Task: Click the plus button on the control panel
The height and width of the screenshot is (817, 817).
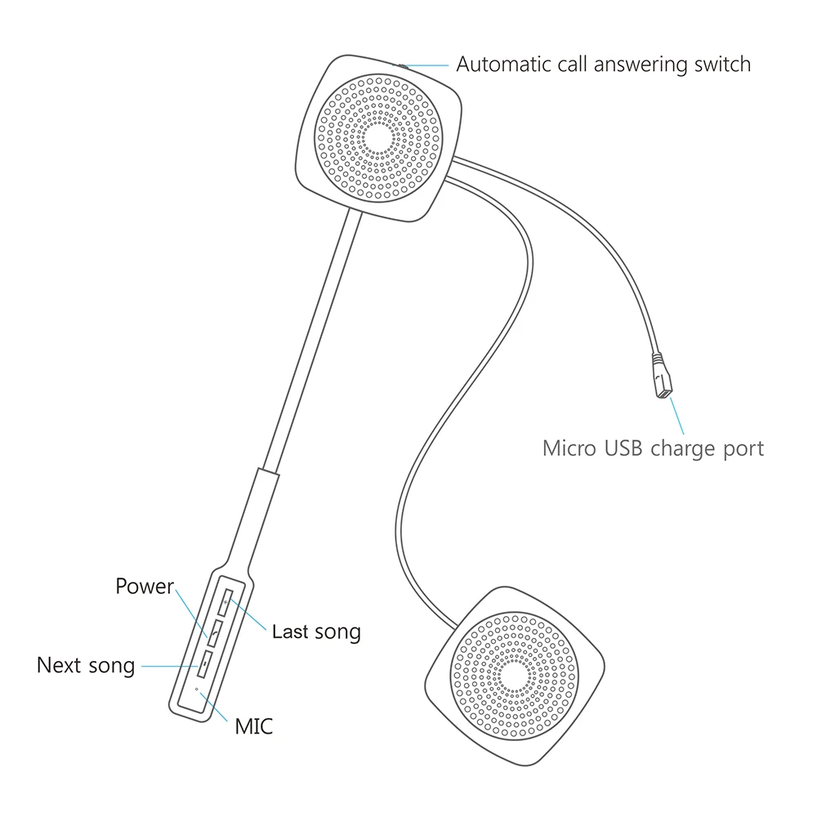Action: point(225,602)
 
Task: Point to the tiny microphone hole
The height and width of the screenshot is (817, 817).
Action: point(197,690)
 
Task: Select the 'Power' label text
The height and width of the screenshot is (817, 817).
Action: point(145,587)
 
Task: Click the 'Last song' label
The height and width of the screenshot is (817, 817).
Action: point(316,632)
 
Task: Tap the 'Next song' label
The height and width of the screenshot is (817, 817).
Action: point(86,665)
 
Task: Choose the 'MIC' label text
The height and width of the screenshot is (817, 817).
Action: point(253,725)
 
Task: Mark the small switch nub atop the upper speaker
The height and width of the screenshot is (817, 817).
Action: point(398,63)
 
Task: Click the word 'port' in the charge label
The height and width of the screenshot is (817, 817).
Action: point(740,449)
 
